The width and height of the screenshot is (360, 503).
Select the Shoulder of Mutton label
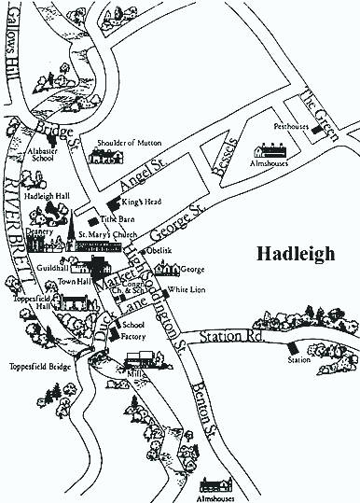[130, 143]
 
